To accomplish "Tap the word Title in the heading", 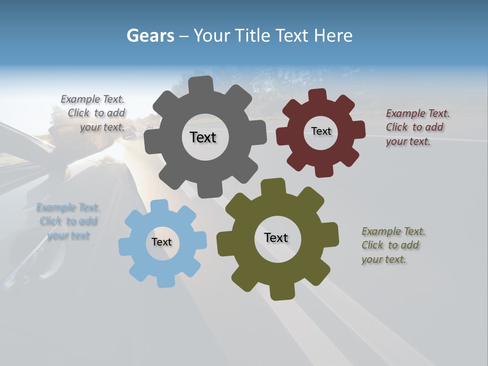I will point(252,36).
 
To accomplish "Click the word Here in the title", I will point(333,36).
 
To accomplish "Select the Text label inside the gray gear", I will point(203,137).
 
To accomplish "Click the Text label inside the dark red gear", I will point(321,131).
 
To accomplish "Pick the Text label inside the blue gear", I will point(162,242).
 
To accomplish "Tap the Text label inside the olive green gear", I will point(276,237).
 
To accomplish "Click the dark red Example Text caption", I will point(417,127).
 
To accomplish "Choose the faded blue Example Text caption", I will point(68,221).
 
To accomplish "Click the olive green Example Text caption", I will point(392,245).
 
